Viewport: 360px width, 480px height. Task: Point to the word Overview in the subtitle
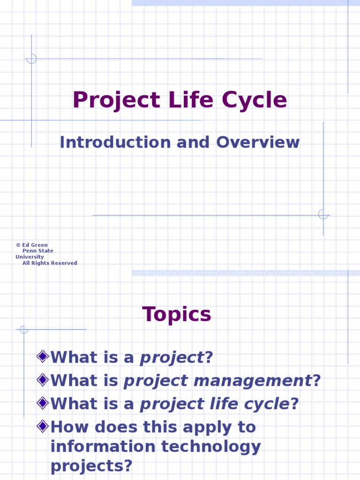[x=257, y=142]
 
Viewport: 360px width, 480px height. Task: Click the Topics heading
[x=177, y=315]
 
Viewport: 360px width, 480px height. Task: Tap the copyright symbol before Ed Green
[x=18, y=245]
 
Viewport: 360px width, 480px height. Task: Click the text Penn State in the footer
[x=38, y=251]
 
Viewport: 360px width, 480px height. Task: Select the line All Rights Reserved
[x=50, y=263]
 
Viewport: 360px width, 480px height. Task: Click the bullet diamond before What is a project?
[x=43, y=357]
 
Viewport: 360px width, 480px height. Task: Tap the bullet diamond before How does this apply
[x=43, y=426]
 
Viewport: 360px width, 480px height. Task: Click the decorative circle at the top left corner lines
[x=31, y=59]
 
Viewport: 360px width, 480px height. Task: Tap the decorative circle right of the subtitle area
[x=323, y=214]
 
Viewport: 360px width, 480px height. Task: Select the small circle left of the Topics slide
[x=23, y=330]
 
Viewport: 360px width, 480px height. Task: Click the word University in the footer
[x=30, y=257]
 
